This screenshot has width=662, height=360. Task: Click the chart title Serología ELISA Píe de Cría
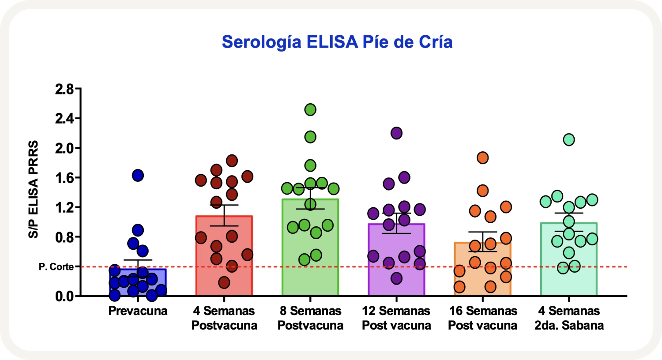(x=337, y=42)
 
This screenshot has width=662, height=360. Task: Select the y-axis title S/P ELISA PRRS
(x=34, y=190)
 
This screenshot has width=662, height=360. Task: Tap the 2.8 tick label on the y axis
(x=64, y=89)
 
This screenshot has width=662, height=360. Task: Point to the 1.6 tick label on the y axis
(x=64, y=178)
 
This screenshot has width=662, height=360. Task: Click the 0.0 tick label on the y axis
(x=64, y=296)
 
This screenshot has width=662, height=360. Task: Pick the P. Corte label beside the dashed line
(x=56, y=267)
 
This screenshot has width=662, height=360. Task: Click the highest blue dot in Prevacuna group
(x=138, y=176)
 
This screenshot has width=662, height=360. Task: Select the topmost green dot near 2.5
(x=310, y=110)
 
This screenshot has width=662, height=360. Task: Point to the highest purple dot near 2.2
(x=396, y=133)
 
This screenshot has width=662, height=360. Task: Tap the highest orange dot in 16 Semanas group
(x=482, y=158)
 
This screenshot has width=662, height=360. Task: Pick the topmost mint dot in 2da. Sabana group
(x=568, y=140)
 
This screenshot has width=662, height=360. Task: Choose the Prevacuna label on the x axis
(x=138, y=311)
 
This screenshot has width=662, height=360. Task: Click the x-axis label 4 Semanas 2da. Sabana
(x=569, y=318)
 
